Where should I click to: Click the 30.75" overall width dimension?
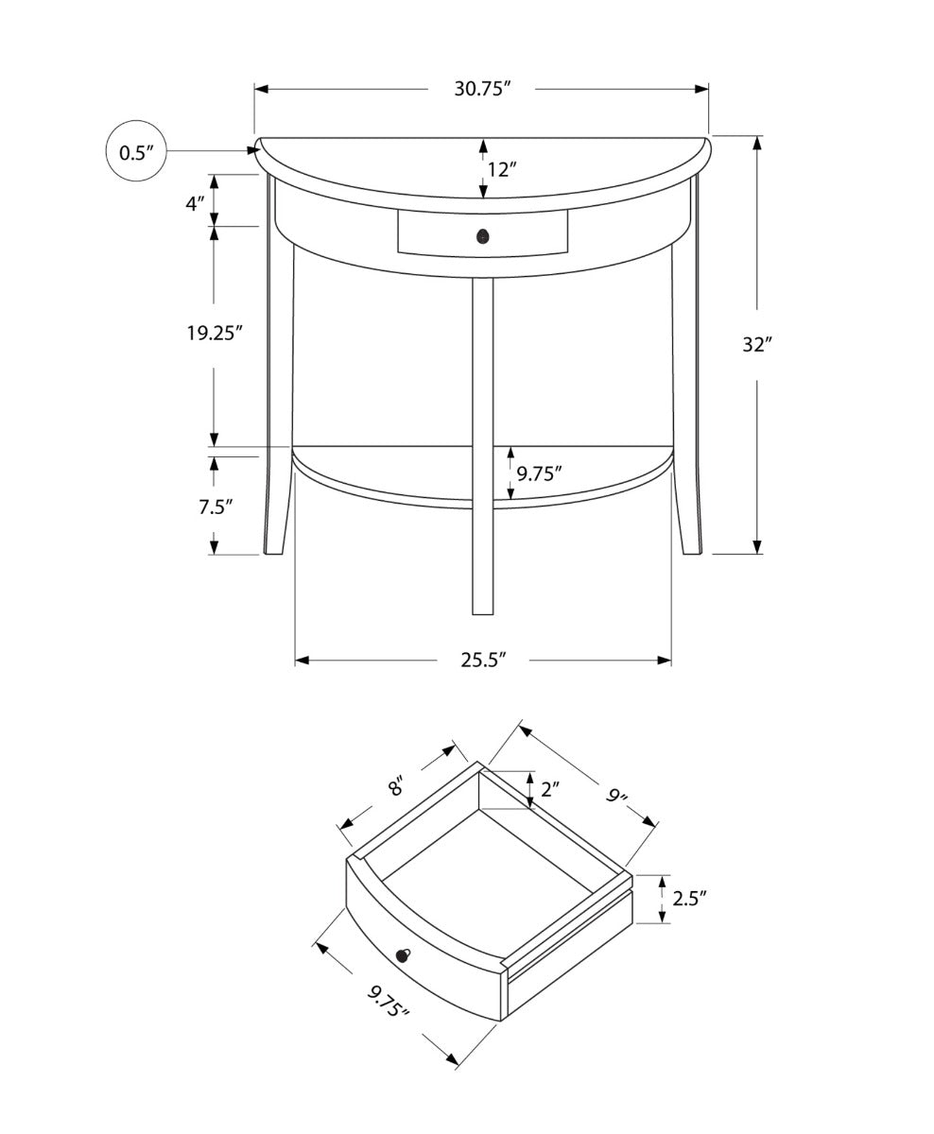pos(481,89)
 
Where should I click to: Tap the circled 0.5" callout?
pos(136,150)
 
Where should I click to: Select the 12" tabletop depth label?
pos(502,170)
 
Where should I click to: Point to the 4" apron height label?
pos(195,204)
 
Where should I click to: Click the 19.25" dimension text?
pos(215,334)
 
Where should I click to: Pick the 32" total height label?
pos(757,345)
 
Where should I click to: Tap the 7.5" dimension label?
pos(216,507)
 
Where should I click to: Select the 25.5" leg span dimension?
pos(483,660)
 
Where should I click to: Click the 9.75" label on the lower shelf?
pos(539,473)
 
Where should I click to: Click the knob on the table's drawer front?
pos(483,235)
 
